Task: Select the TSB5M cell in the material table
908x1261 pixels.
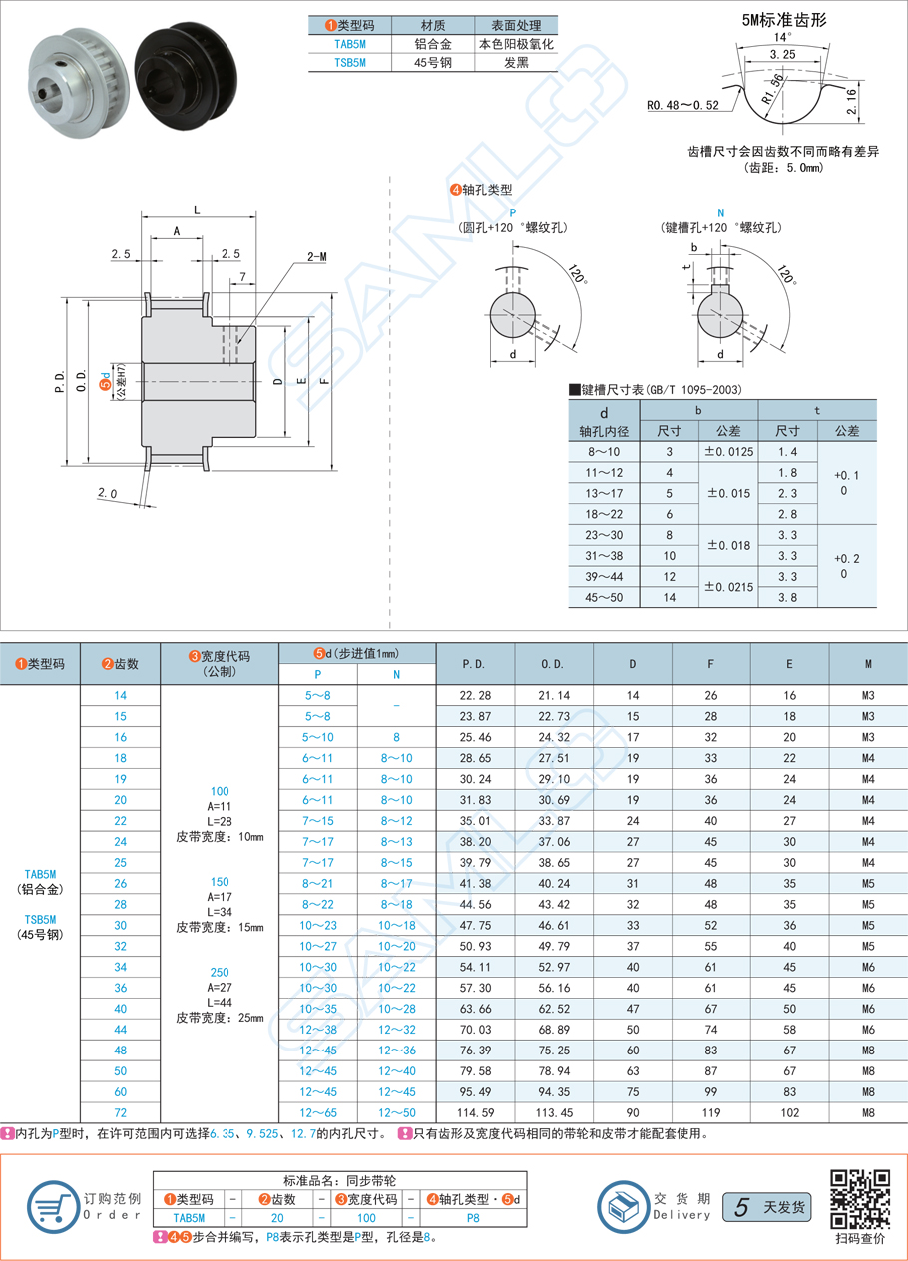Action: click(349, 62)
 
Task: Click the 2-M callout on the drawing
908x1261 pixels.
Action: click(318, 256)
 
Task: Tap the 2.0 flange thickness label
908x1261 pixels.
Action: click(109, 493)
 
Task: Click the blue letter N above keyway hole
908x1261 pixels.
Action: click(720, 212)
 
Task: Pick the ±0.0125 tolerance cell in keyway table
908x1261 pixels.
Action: click(728, 452)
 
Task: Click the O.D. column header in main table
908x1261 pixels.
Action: click(553, 663)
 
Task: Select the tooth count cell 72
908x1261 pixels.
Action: click(120, 1112)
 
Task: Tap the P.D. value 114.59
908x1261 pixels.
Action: click(475, 1112)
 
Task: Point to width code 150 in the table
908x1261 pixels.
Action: click(220, 882)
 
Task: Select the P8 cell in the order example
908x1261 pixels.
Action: click(473, 1217)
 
